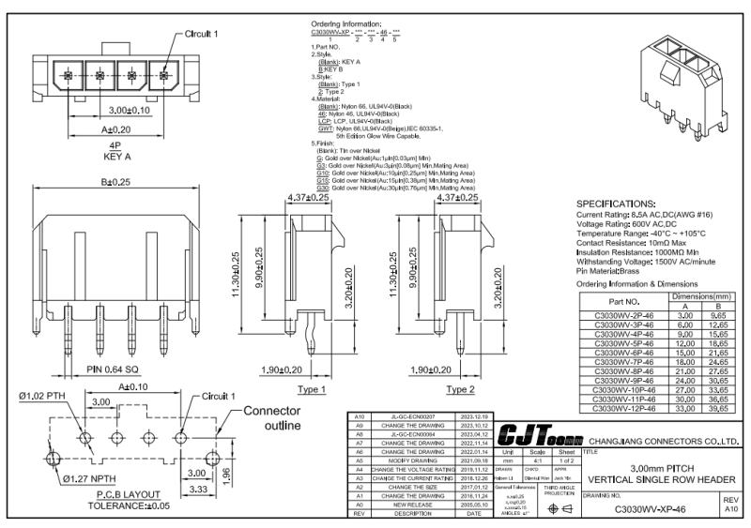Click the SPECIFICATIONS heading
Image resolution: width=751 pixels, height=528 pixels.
pos(621,204)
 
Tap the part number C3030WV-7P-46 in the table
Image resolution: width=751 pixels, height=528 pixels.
pos(621,360)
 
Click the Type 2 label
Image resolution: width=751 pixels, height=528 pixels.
pos(460,388)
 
